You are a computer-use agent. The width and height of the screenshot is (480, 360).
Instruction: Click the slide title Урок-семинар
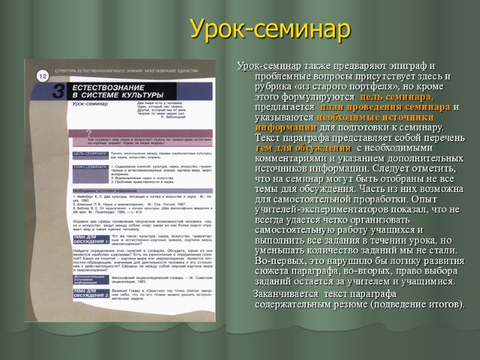tap(269, 28)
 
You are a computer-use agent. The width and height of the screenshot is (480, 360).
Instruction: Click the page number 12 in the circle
tap(43, 76)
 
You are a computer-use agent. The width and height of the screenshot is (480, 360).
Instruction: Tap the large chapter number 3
tap(58, 92)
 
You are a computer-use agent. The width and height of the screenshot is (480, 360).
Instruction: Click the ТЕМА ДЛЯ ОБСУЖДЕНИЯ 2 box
tap(90, 293)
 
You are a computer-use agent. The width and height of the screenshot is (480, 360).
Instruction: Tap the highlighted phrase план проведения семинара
tap(389, 107)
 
